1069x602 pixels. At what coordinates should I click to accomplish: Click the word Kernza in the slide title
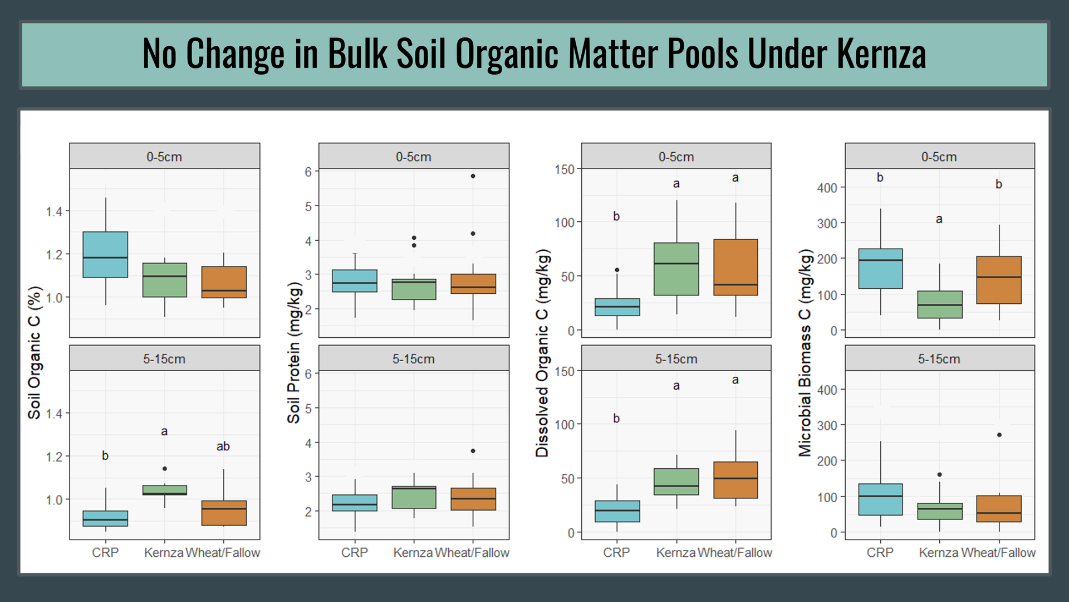(x=881, y=54)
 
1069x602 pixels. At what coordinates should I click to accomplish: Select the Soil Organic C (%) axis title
(x=35, y=352)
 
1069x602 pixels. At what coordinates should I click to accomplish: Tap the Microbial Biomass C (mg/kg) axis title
(x=805, y=352)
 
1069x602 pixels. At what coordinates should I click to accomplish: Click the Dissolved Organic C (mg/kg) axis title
(x=542, y=352)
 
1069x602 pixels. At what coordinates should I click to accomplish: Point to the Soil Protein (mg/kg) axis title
(x=293, y=352)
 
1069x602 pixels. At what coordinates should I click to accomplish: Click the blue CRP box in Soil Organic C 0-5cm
(x=105, y=254)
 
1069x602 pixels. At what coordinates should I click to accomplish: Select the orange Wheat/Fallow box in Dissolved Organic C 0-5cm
(x=735, y=267)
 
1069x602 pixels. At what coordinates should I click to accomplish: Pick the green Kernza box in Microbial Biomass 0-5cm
(x=940, y=304)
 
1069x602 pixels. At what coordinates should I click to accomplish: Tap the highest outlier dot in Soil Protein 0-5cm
(x=473, y=176)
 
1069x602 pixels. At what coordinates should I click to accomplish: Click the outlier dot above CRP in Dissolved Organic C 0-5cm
(x=617, y=270)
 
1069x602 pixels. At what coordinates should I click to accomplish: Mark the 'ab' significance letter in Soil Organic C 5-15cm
(x=223, y=446)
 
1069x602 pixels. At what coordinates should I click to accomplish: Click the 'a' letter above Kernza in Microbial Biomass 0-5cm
(x=939, y=220)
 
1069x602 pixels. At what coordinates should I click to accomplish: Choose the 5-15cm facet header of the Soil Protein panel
(x=414, y=358)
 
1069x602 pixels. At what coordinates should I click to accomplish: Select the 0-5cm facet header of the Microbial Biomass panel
(x=939, y=157)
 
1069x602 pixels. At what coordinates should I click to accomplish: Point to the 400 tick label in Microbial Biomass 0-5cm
(x=827, y=188)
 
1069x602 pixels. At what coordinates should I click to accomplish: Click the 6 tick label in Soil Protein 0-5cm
(x=308, y=172)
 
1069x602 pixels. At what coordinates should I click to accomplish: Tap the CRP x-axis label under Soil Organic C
(x=105, y=552)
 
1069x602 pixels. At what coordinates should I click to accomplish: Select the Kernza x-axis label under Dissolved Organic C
(x=676, y=552)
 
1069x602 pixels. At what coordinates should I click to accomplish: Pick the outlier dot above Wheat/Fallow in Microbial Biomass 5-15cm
(x=999, y=435)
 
